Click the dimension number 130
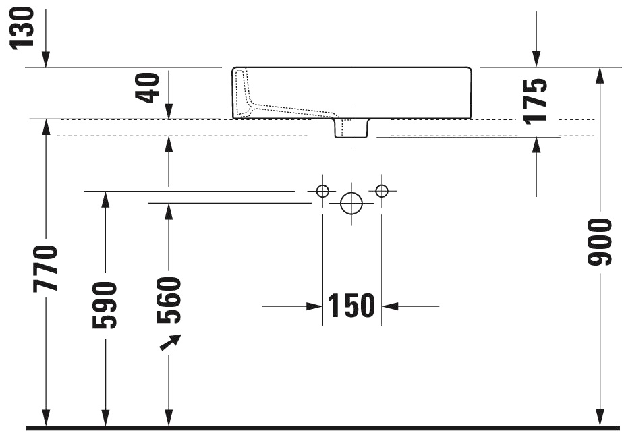pyautogui.click(x=22, y=27)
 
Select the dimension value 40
pyautogui.click(x=148, y=88)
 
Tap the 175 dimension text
pyautogui.click(x=535, y=100)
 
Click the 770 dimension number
pyautogui.click(x=47, y=268)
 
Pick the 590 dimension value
pyautogui.click(x=105, y=305)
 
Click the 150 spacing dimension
pyautogui.click(x=351, y=306)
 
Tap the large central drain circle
pyautogui.click(x=351, y=202)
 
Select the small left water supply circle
pyautogui.click(x=322, y=191)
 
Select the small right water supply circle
pyautogui.click(x=382, y=191)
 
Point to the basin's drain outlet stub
pyautogui.click(x=351, y=128)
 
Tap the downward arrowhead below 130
pyautogui.click(x=46, y=61)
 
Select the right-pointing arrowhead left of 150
pyautogui.click(x=314, y=306)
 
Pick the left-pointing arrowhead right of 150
pyautogui.click(x=390, y=306)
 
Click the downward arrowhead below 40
pyautogui.click(x=169, y=111)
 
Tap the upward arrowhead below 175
pyautogui.click(x=536, y=144)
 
